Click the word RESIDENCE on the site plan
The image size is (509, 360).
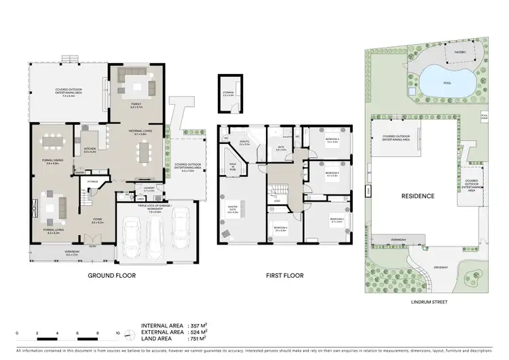417,196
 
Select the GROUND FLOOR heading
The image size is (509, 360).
112,276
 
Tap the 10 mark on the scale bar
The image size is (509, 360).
118,334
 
